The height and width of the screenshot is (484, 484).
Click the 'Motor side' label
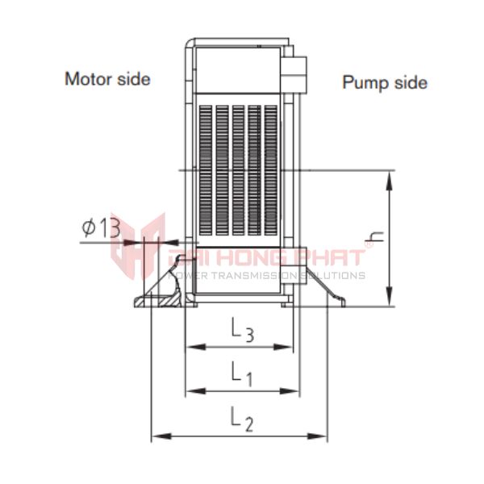[107, 79]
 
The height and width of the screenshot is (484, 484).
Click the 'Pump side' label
[385, 82]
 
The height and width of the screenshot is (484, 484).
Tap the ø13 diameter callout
[101, 227]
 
